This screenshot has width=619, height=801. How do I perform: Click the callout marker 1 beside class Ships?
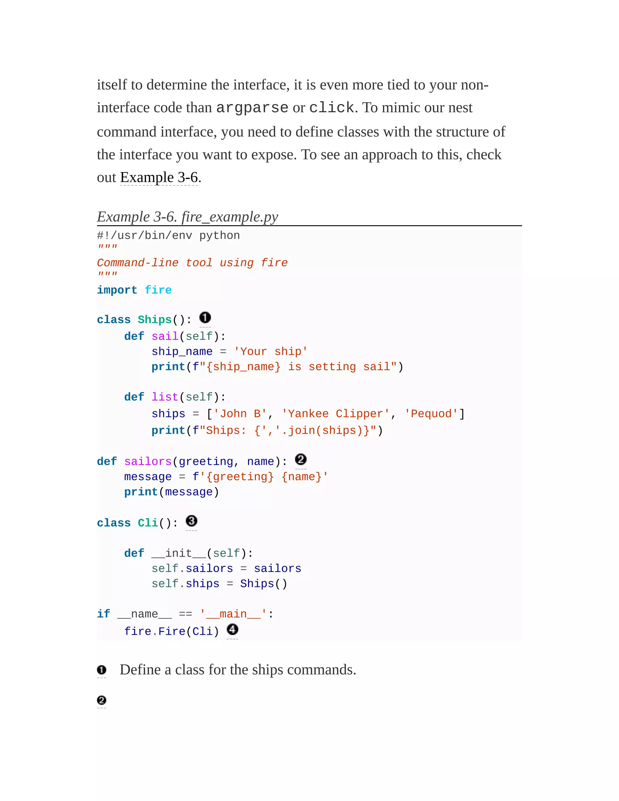pyautogui.click(x=205, y=318)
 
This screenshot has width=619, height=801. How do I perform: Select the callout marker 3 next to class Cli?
pyautogui.click(x=191, y=521)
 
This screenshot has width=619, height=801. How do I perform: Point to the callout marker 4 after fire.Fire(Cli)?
pyautogui.click(x=232, y=629)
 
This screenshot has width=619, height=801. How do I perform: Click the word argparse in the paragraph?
pyautogui.click(x=252, y=108)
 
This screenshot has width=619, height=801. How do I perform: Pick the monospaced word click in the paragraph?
pyautogui.click(x=332, y=108)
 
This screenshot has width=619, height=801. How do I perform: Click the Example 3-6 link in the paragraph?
pyautogui.click(x=159, y=177)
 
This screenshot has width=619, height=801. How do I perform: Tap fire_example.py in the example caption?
pyautogui.click(x=230, y=217)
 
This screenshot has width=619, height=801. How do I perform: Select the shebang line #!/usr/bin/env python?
pyautogui.click(x=168, y=235)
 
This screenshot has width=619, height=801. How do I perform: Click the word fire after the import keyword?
pyautogui.click(x=158, y=290)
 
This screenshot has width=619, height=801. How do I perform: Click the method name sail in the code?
pyautogui.click(x=165, y=336)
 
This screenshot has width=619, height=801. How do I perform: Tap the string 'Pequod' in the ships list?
pyautogui.click(x=431, y=414)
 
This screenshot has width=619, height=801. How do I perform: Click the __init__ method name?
pyautogui.click(x=179, y=553)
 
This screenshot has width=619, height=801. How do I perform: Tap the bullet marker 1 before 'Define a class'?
pyautogui.click(x=102, y=670)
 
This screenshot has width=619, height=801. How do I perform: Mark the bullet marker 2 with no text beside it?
pyautogui.click(x=102, y=701)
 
